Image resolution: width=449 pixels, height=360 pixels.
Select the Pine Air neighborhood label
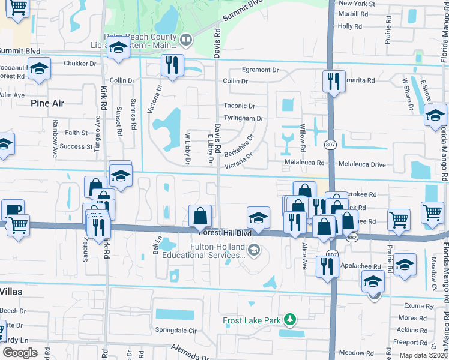tap(47, 103)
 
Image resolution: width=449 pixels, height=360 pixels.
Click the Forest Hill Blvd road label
tap(222, 232)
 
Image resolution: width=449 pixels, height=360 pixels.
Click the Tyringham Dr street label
tap(243, 118)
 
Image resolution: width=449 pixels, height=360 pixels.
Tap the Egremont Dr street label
tap(261, 70)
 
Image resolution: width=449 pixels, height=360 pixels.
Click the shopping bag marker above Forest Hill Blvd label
tap(200, 216)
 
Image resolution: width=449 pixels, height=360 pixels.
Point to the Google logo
tap(20, 353)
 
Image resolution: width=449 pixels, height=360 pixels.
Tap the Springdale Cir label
tap(176, 331)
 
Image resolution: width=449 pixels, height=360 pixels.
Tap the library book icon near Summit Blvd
tap(186, 40)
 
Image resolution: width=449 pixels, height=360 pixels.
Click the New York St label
tap(357, 3)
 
